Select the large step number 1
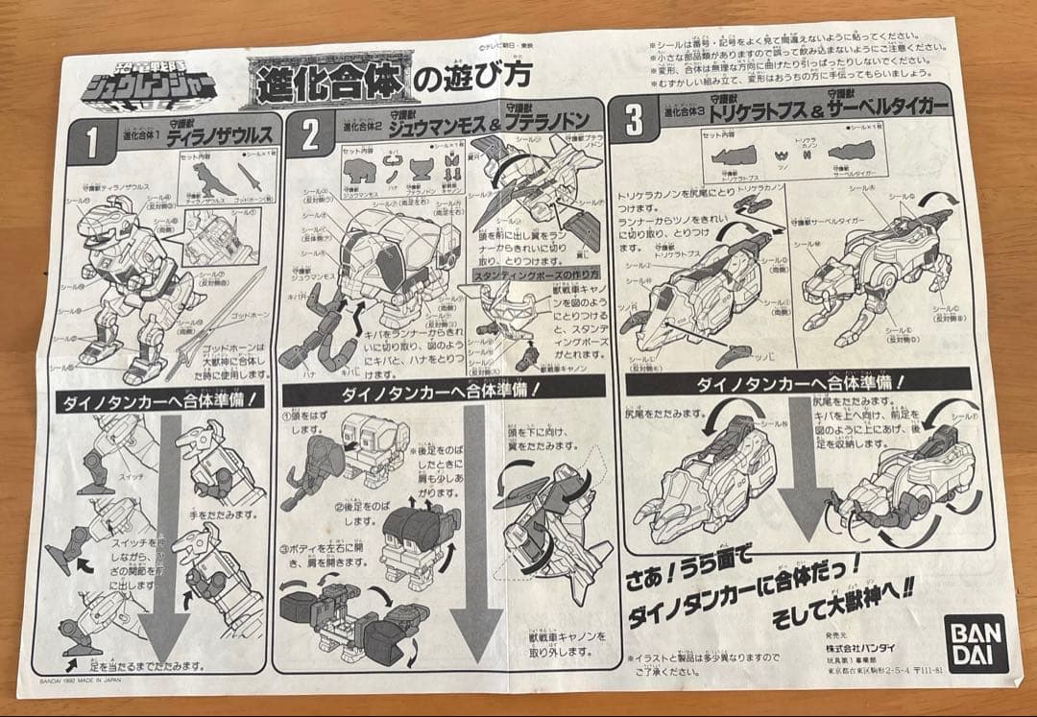(x=92, y=143)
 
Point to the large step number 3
(x=633, y=122)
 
